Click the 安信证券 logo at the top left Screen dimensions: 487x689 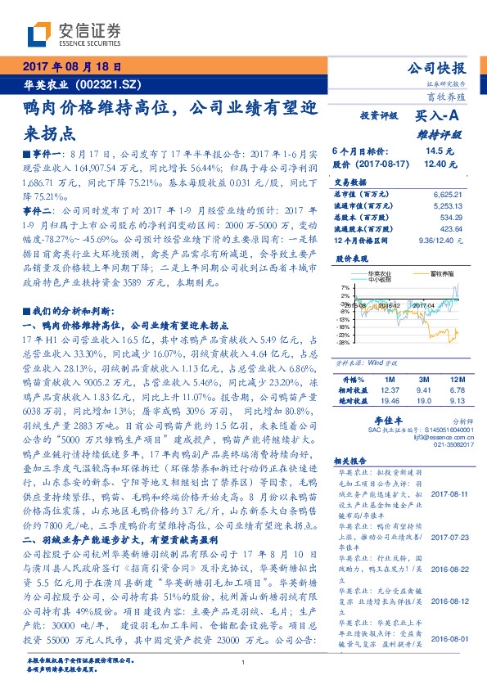(74, 35)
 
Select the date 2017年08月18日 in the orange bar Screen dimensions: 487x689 (71, 67)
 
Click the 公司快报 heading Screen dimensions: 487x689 (435, 69)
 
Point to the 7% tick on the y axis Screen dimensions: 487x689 (345, 288)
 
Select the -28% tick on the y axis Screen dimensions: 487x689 (345, 342)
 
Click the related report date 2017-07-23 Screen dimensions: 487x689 (449, 538)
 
